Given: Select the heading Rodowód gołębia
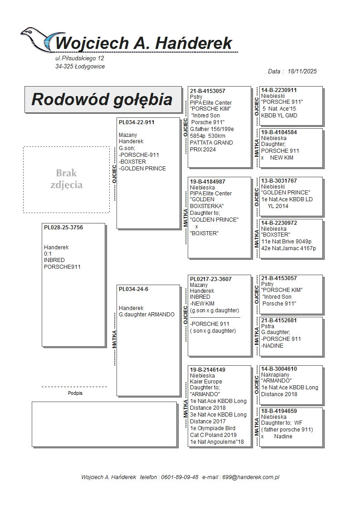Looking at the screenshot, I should pyautogui.click(x=102, y=99).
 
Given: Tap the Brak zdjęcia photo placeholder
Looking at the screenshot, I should pyautogui.click(x=66, y=179).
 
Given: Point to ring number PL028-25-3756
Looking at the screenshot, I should pyautogui.click(x=63, y=228).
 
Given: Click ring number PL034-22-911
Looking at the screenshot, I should pyautogui.click(x=136, y=122).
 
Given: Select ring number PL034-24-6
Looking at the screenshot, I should pyautogui.click(x=133, y=289).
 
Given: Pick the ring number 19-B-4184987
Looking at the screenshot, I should pyautogui.click(x=208, y=182).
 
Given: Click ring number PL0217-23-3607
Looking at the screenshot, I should pyautogui.click(x=211, y=279).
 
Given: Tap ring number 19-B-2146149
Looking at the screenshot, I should pyautogui.click(x=208, y=370).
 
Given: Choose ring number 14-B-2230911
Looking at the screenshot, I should pyautogui.click(x=279, y=90).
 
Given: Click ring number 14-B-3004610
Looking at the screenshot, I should pyautogui.click(x=279, y=369).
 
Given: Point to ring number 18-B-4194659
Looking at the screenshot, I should pyautogui.click(x=279, y=411).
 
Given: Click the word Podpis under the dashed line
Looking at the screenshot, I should pyautogui.click(x=75, y=393).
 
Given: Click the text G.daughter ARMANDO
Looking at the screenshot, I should pyautogui.click(x=146, y=315).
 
